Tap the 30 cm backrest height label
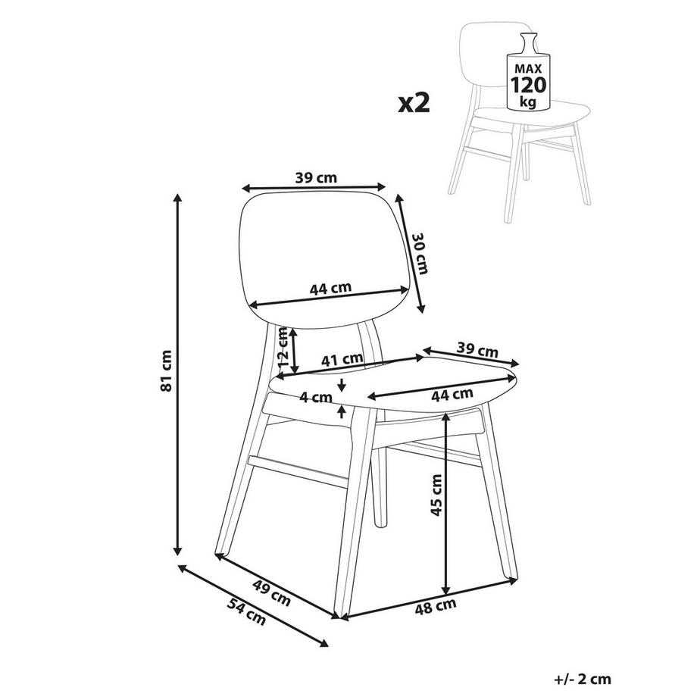418,253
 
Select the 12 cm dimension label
283,346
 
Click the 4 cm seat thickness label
317,396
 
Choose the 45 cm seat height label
436,496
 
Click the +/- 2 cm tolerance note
583,680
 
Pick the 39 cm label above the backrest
316,178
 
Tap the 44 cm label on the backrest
330,289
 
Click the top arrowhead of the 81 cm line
179,198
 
